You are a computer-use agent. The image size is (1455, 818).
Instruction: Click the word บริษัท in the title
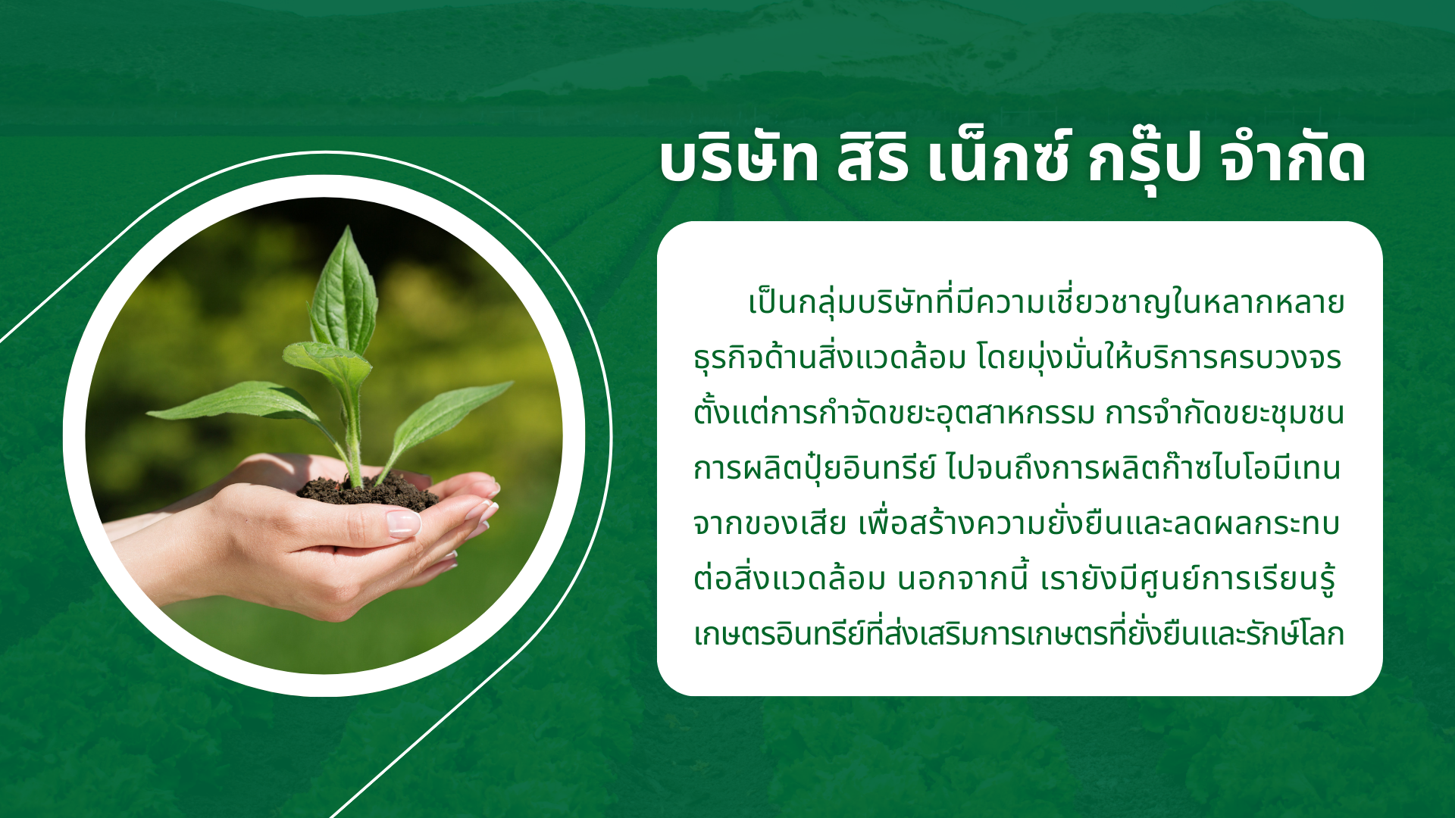[739, 160]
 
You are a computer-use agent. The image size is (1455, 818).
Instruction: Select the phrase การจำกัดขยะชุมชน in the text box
[1224, 413]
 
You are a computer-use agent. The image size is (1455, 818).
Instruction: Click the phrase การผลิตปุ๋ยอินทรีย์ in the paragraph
[815, 467]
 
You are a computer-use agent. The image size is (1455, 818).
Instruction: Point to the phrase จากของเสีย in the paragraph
[769, 523]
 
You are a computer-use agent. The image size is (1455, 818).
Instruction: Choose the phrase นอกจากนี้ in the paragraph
[962, 578]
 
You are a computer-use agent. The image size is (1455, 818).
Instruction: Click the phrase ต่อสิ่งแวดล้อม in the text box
[789, 578]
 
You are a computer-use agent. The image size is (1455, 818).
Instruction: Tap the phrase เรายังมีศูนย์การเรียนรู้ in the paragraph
[1187, 578]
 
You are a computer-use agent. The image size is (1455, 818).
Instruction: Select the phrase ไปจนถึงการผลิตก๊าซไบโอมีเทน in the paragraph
[1144, 467]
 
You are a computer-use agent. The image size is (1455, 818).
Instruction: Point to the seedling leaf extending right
[447, 420]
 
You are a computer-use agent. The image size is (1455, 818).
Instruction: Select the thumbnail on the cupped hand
[403, 523]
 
